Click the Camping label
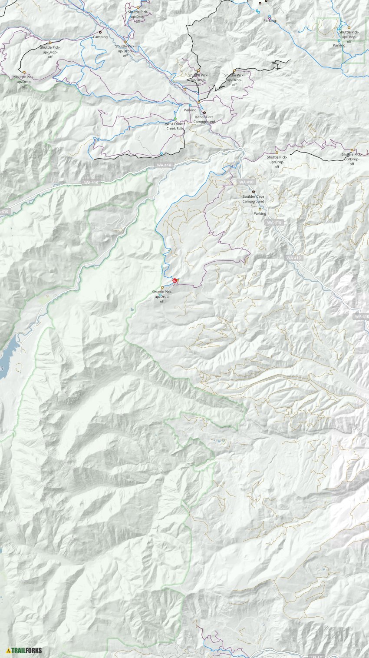(x=100, y=37)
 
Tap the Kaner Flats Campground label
(x=204, y=120)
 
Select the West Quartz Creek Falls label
(x=175, y=126)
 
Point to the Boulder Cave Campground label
(x=253, y=199)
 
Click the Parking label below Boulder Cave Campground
(x=260, y=214)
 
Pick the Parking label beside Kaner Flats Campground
(x=190, y=110)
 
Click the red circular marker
(x=175, y=281)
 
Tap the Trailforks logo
(x=24, y=650)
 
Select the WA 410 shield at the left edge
(x=3, y=212)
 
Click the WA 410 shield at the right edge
(x=361, y=316)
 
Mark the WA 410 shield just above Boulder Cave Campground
(x=246, y=182)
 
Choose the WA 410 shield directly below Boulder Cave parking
(x=274, y=223)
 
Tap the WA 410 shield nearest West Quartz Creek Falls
(x=165, y=165)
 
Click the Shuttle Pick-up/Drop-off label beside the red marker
(x=162, y=296)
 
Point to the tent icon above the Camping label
(x=101, y=32)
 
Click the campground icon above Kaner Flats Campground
(x=204, y=113)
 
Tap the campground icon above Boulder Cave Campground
(x=254, y=192)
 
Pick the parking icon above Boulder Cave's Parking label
(x=260, y=209)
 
